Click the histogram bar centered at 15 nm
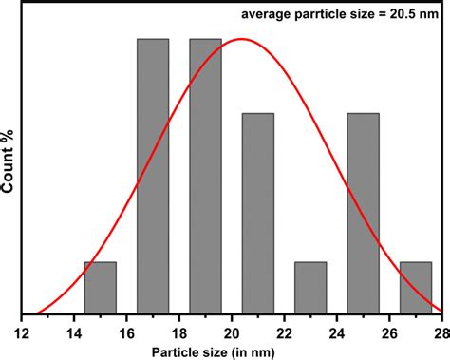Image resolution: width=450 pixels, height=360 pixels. pyautogui.click(x=100, y=287)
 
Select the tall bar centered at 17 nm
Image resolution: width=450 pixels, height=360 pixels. pyautogui.click(x=153, y=176)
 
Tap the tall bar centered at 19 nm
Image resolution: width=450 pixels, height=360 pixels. pyautogui.click(x=205, y=176)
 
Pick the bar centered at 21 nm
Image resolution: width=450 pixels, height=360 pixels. pyautogui.click(x=257, y=213)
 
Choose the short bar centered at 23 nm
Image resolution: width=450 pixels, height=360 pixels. pyautogui.click(x=310, y=287)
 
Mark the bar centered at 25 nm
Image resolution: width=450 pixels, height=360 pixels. pyautogui.click(x=363, y=213)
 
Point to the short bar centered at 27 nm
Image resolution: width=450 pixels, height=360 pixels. pyautogui.click(x=415, y=287)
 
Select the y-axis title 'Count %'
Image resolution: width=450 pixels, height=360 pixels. pyautogui.click(x=9, y=165)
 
